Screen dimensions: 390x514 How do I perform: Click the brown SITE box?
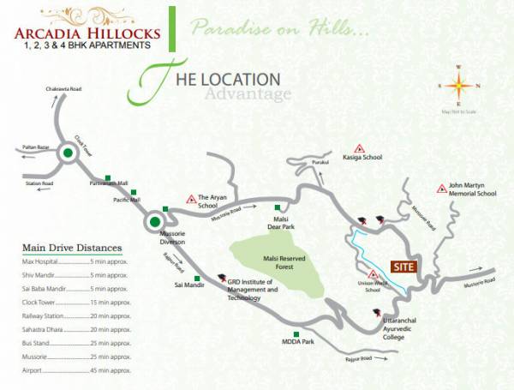(x=403, y=267)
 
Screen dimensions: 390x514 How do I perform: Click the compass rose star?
(x=458, y=85)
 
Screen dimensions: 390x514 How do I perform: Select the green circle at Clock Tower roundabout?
(x=68, y=154)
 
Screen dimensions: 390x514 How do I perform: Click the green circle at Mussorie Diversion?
(x=154, y=222)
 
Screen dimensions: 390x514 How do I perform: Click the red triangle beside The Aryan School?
(x=191, y=199)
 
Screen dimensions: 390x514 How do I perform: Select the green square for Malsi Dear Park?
(x=276, y=207)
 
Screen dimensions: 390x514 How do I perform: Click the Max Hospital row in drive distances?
(x=75, y=261)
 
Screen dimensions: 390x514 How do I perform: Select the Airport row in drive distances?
(x=75, y=370)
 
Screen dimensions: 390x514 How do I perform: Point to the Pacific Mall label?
(x=127, y=200)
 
